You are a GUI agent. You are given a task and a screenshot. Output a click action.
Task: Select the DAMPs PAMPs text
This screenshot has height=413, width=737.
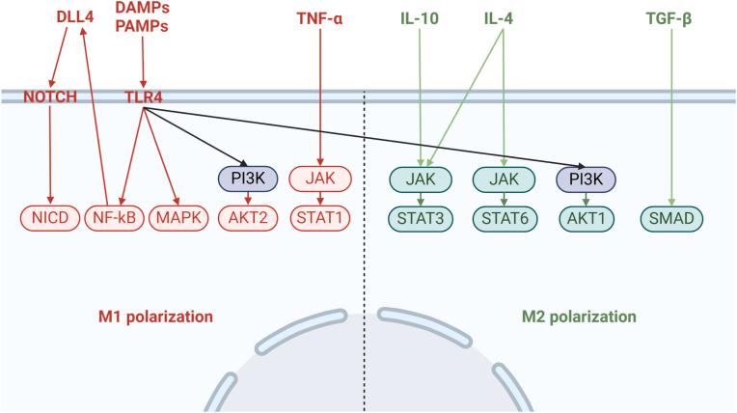[x=142, y=18]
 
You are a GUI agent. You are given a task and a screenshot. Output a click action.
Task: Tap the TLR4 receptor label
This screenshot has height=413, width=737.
[x=143, y=97]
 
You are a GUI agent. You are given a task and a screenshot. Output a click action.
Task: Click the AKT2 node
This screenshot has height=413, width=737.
[x=249, y=217]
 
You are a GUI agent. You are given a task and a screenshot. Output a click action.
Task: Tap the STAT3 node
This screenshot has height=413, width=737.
[x=421, y=217]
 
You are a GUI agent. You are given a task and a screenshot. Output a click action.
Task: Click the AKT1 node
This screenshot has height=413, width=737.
[x=587, y=217]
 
